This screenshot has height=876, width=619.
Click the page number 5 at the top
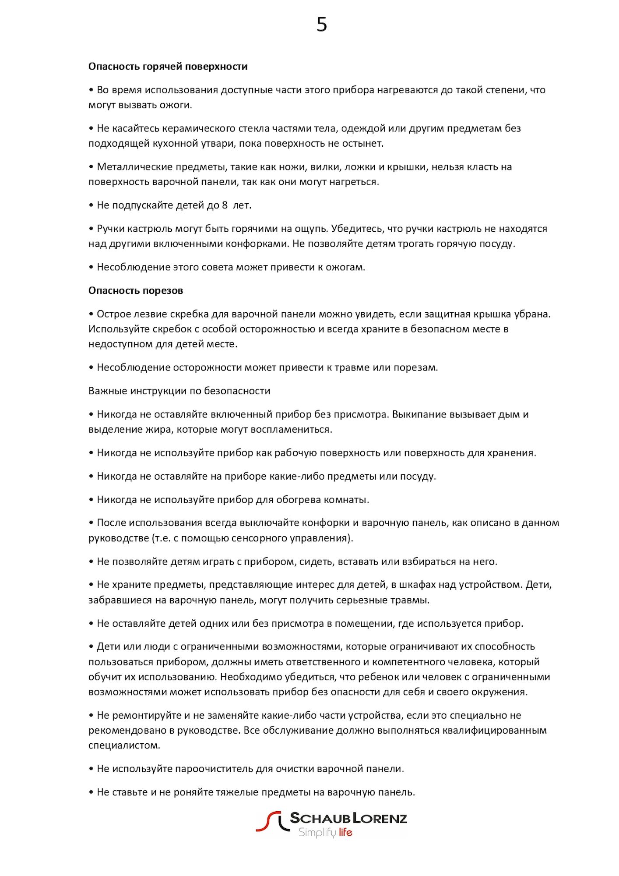click(x=322, y=25)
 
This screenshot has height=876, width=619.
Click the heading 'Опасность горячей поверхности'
click(x=168, y=67)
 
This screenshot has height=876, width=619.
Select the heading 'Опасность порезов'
click(x=136, y=291)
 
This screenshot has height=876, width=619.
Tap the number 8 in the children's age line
click(x=225, y=205)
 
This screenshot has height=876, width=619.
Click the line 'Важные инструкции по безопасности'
click(x=179, y=391)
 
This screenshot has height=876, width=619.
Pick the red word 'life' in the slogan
click(x=345, y=832)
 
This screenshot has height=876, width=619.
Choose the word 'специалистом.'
click(x=124, y=745)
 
